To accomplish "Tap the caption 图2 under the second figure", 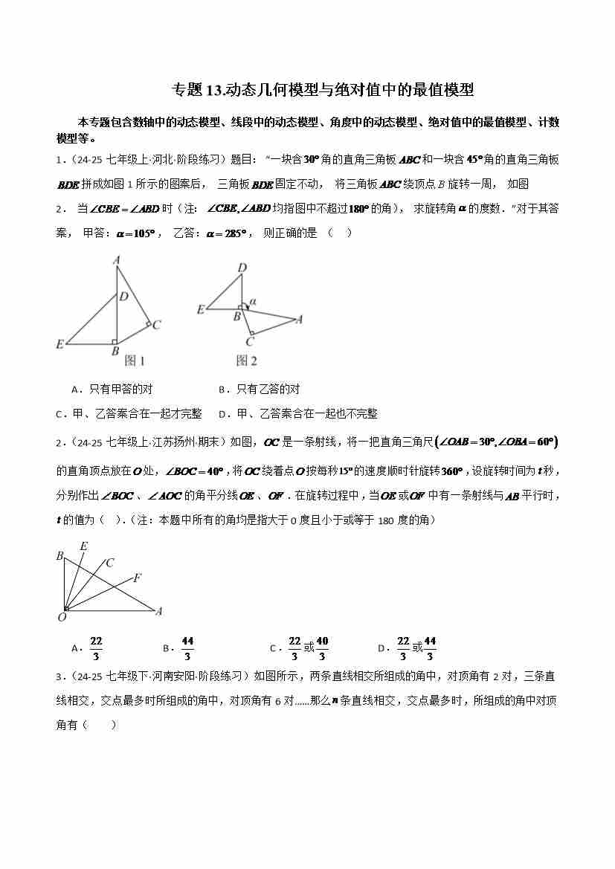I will click(247, 361).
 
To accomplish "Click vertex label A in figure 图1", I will click(117, 260).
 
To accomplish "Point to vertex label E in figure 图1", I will click(59, 344).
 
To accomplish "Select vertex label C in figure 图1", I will click(157, 325).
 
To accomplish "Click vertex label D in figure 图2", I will click(242, 268).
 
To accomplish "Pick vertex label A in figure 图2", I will click(299, 320).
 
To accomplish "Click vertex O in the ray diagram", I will click(63, 616).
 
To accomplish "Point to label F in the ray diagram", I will click(138, 577).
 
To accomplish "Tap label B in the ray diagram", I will click(59, 556).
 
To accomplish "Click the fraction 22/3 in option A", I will click(96, 647).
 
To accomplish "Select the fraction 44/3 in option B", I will click(187, 647).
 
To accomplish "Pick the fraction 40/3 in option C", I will click(322, 647).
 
